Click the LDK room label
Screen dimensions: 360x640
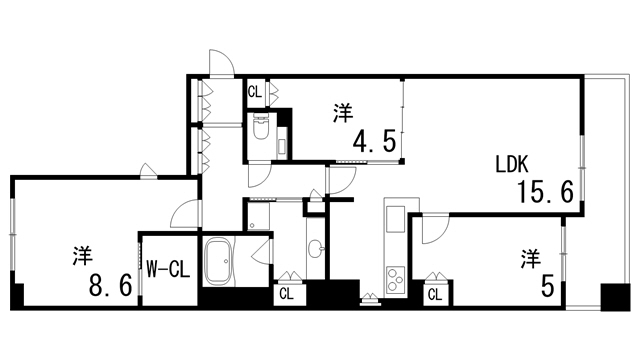tap(517, 164)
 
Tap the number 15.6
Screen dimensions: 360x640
tap(544, 193)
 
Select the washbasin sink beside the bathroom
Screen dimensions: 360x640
tap(316, 247)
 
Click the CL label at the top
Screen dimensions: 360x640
tap(254, 92)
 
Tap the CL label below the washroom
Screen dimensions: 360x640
tap(286, 294)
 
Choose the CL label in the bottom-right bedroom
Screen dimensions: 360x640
tap(436, 294)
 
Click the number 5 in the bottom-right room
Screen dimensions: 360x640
tap(547, 287)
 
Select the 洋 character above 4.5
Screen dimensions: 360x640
tap(343, 113)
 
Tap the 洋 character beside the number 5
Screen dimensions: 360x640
tap(528, 258)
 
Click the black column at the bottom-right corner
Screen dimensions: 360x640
tap(611, 297)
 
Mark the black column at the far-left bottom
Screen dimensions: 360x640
tap(16, 297)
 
